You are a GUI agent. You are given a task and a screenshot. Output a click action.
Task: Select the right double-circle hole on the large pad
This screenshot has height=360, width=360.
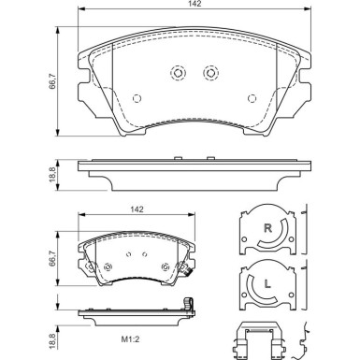coord(209,73)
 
